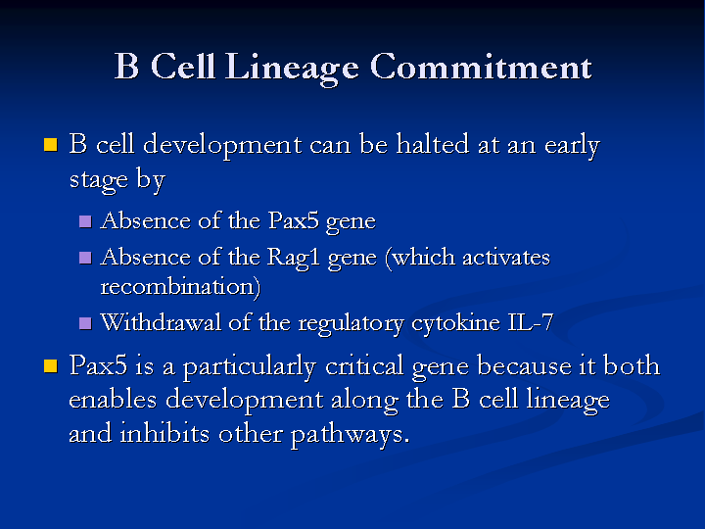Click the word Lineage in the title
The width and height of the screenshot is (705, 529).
[292, 68]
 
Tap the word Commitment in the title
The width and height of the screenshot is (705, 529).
[481, 67]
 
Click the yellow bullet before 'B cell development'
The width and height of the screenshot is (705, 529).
[51, 144]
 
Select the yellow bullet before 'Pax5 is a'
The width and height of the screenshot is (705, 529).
[51, 365]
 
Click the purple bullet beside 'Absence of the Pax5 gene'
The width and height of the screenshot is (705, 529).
[85, 221]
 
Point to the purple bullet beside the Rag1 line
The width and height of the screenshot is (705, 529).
[85, 258]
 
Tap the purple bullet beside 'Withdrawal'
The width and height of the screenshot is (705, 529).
[85, 323]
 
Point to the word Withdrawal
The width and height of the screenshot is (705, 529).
[161, 322]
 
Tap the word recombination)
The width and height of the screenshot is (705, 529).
[180, 287]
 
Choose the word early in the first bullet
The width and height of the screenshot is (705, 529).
[572, 146]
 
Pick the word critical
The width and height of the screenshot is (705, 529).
[364, 365]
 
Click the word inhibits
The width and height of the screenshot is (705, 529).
[164, 433]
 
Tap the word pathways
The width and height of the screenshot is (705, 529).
[350, 435]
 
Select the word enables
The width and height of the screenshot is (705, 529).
[113, 399]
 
